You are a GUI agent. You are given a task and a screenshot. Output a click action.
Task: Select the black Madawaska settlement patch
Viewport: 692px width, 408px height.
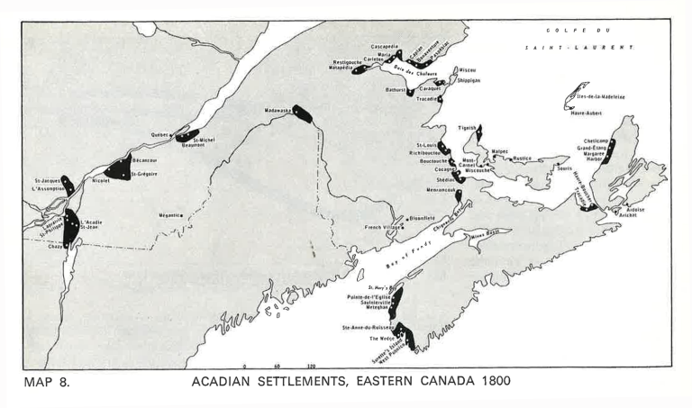302,113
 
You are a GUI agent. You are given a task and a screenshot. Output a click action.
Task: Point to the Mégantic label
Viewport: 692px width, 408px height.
171,215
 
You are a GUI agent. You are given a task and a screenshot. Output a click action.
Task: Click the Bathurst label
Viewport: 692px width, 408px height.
395,90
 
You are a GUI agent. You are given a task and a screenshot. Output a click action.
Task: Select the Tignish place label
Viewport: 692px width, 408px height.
466,128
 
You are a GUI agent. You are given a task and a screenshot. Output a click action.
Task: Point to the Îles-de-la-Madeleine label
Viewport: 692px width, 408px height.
602,96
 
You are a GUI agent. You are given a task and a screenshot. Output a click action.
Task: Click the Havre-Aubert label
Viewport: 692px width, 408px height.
587,113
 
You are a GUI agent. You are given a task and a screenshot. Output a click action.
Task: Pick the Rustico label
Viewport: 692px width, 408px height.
522,159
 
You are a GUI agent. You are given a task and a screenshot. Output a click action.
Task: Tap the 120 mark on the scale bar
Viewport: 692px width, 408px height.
310,367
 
